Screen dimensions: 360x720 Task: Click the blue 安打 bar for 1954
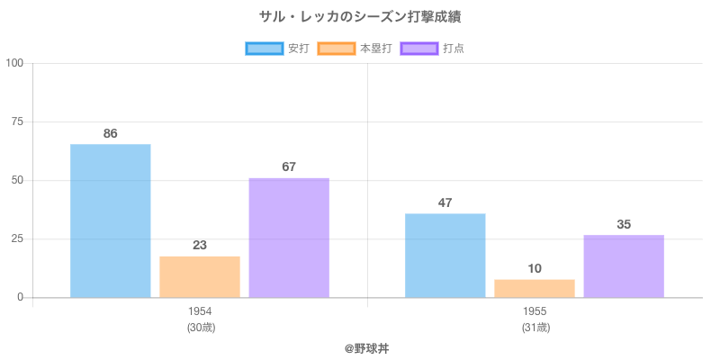click(x=110, y=220)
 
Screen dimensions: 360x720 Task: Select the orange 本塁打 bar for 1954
click(x=200, y=276)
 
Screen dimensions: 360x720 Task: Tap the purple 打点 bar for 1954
click(x=289, y=238)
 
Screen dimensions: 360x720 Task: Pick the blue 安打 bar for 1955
click(x=445, y=255)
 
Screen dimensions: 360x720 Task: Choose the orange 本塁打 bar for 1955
click(x=535, y=288)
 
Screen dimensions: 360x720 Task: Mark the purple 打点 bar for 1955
click(x=624, y=265)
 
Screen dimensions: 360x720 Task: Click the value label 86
click(x=110, y=133)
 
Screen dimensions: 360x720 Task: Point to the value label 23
click(x=200, y=245)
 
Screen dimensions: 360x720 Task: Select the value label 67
click(x=289, y=166)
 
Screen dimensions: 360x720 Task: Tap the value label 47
click(x=445, y=202)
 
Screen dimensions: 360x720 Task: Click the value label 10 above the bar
click(x=535, y=268)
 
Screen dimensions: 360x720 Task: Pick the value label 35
click(x=624, y=224)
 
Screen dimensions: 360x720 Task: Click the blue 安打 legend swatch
click(x=265, y=49)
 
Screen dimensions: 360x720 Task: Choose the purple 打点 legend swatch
click(x=419, y=49)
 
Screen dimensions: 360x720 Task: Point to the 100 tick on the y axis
click(x=14, y=63)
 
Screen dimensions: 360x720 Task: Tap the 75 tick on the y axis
click(x=17, y=121)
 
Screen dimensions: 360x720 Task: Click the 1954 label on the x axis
click(x=200, y=311)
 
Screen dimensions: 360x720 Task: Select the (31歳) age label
click(x=535, y=328)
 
